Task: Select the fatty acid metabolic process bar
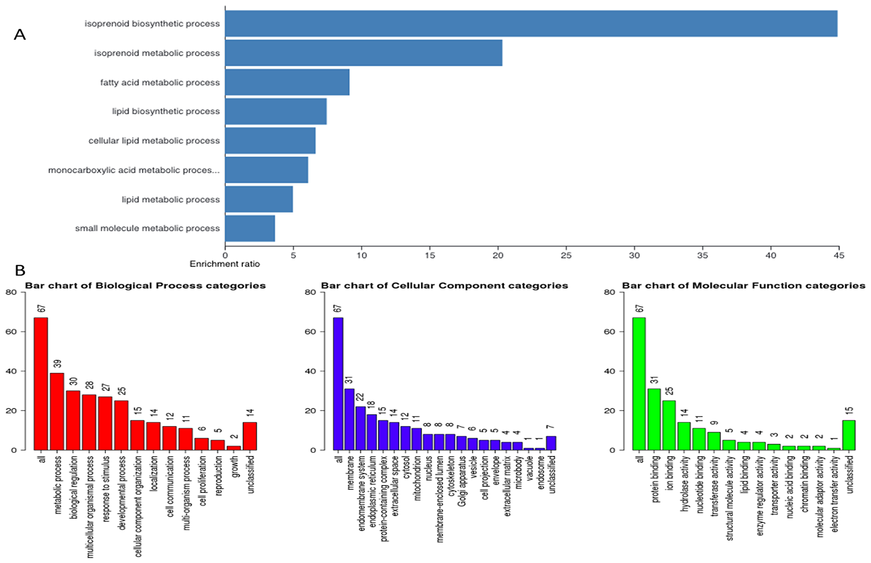tap(287, 82)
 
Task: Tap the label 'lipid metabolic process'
tap(171, 200)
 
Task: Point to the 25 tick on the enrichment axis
tap(566, 255)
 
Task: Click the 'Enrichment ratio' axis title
tap(225, 264)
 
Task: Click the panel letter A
tap(20, 34)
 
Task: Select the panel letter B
tap(20, 271)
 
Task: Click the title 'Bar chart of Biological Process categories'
tap(145, 286)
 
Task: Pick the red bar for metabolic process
tap(57, 411)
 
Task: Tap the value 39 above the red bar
tap(57, 363)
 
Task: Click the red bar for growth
tap(234, 448)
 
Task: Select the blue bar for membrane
tap(349, 419)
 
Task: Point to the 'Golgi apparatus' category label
tap(462, 481)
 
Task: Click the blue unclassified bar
tap(551, 443)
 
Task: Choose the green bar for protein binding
tap(654, 419)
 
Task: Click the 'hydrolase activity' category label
tap(685, 483)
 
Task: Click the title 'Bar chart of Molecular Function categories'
tap(743, 286)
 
